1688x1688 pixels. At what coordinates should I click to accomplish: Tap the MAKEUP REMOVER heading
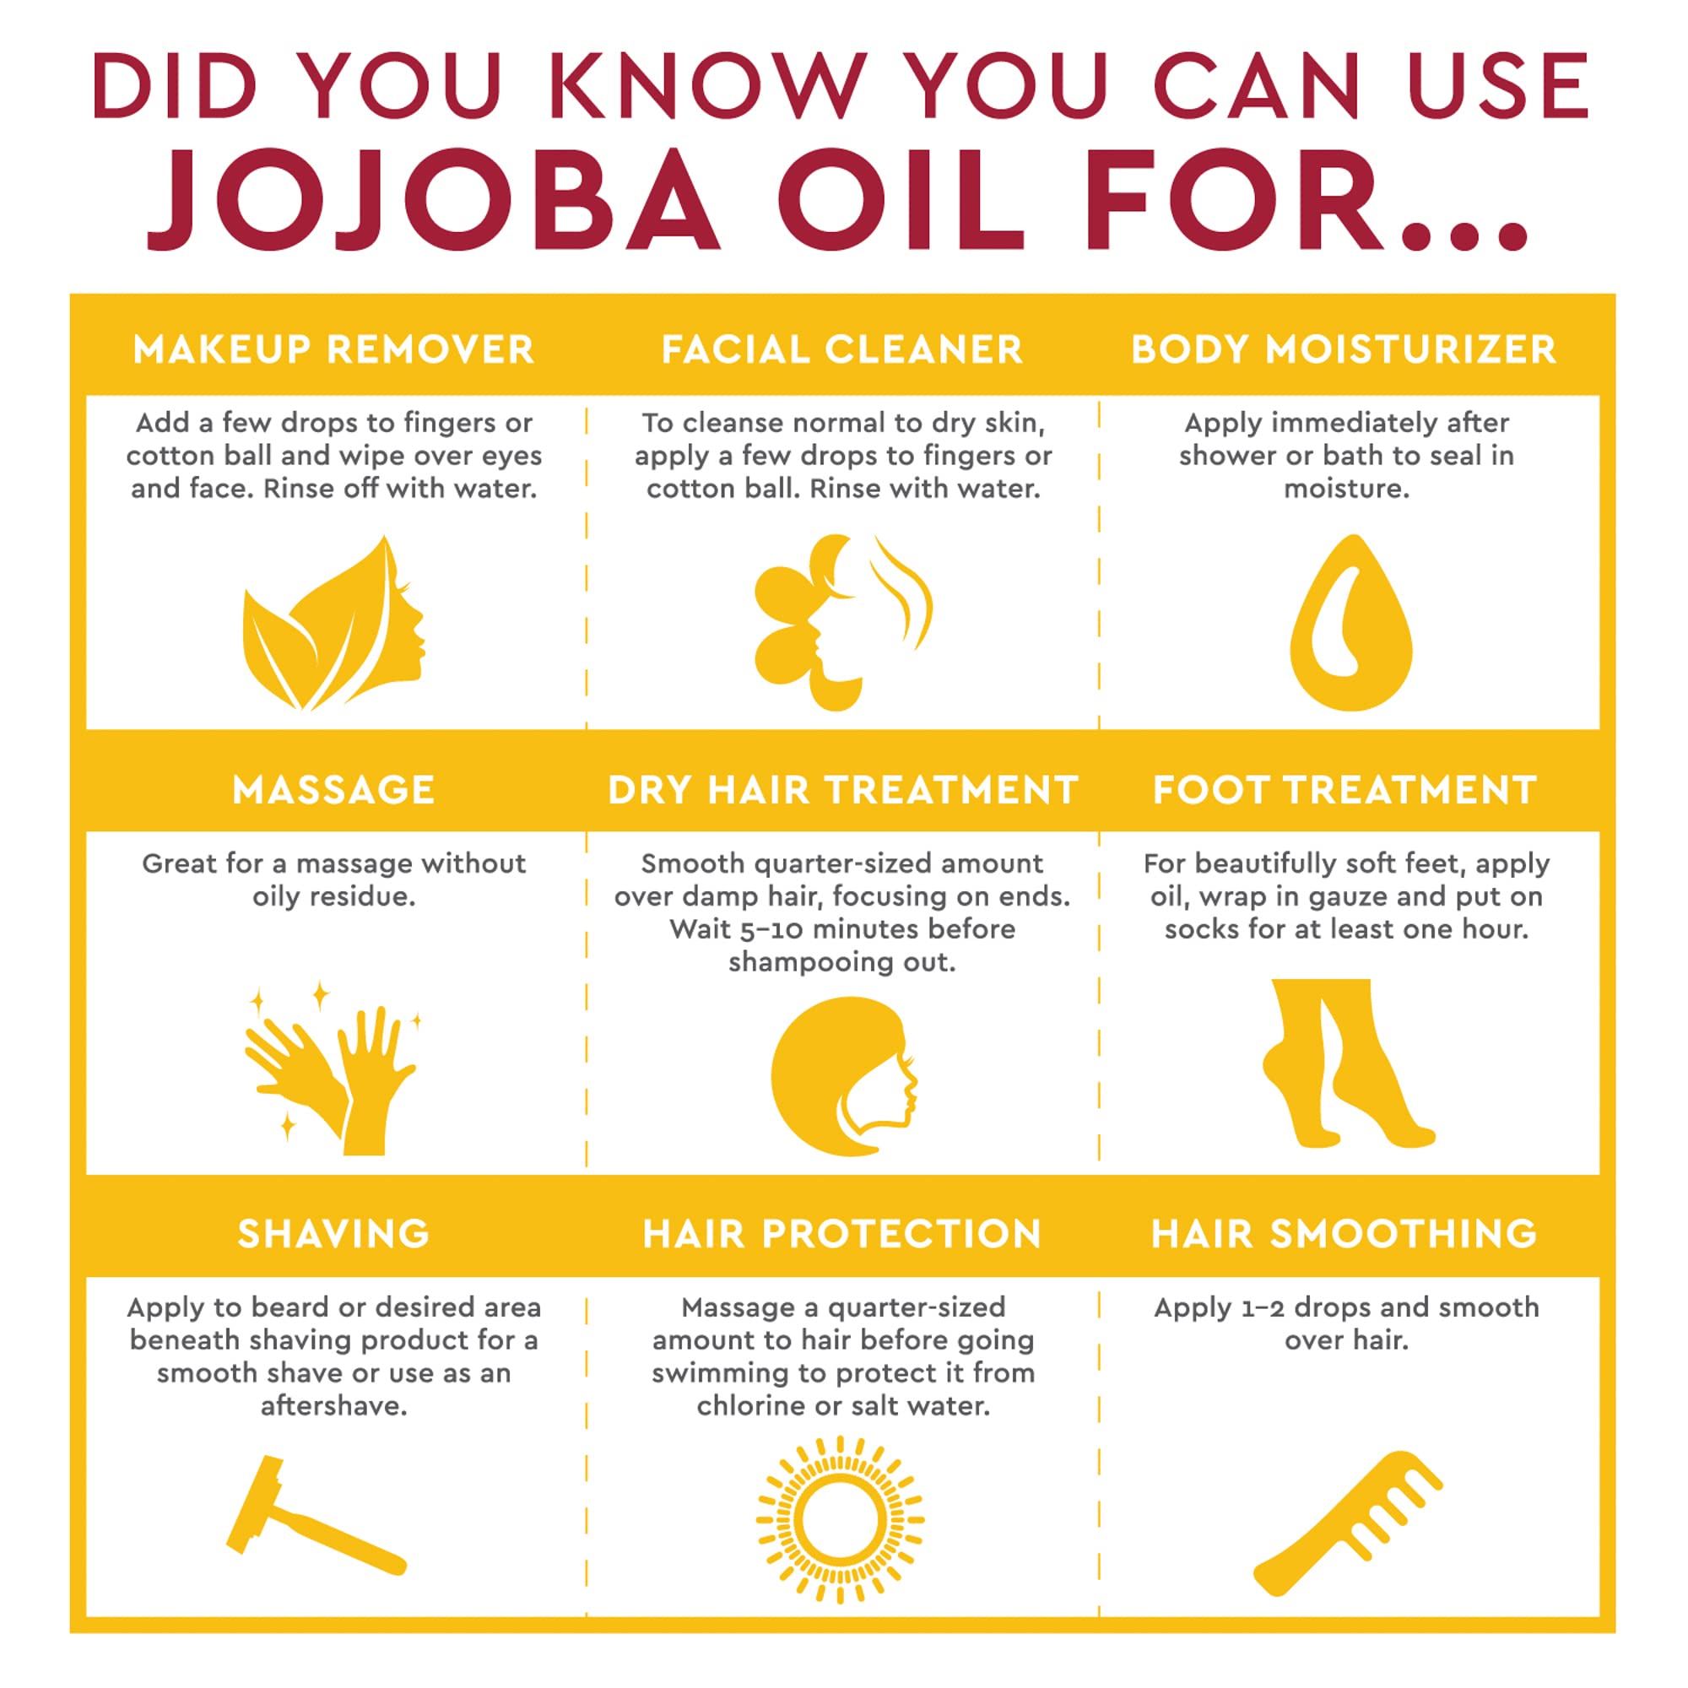(x=333, y=350)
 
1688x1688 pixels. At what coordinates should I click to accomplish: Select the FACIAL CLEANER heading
(x=842, y=350)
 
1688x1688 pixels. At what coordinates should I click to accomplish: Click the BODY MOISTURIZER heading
(x=1344, y=350)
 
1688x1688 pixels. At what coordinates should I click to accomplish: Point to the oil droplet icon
(x=1350, y=625)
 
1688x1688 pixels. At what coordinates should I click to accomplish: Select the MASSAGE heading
(x=333, y=790)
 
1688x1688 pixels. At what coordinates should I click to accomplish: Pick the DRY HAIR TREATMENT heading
(x=842, y=790)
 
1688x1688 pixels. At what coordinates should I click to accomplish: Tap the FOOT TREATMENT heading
(x=1344, y=790)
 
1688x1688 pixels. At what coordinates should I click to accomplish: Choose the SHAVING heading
(x=333, y=1234)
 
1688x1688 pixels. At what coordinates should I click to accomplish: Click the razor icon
(x=315, y=1517)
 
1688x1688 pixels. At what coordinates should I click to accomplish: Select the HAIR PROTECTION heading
(x=842, y=1234)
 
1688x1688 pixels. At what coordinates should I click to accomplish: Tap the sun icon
(x=840, y=1520)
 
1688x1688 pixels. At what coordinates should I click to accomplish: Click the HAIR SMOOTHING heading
(x=1344, y=1234)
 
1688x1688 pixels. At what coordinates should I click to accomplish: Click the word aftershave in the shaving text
(x=333, y=1406)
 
